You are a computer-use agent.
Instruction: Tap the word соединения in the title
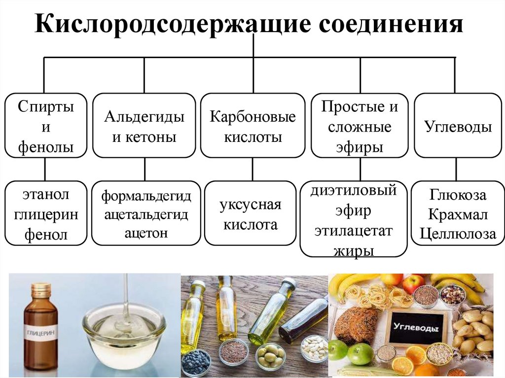point(390,24)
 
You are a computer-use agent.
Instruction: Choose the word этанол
point(45,195)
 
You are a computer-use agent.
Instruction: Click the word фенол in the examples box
point(45,235)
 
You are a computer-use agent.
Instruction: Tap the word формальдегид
point(146,196)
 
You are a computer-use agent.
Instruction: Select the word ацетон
point(146,233)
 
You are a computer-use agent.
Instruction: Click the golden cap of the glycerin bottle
point(40,290)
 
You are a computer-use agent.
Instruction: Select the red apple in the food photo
point(413,284)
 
